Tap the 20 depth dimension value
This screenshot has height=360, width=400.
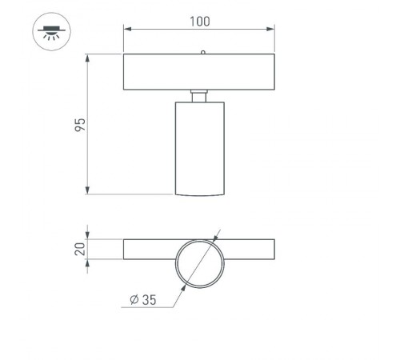click(x=79, y=249)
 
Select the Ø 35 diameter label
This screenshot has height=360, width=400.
click(x=142, y=302)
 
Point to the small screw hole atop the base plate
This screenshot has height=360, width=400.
click(x=203, y=52)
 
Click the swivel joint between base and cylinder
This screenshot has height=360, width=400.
click(x=199, y=95)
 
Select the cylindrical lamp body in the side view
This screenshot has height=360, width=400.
click(x=199, y=148)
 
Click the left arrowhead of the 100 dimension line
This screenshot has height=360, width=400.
click(x=126, y=29)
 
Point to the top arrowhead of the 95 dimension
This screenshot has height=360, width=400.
click(x=87, y=57)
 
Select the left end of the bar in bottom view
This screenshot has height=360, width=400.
click(x=126, y=249)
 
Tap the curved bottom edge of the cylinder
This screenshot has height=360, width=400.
click(x=199, y=194)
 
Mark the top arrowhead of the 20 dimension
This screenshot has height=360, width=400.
click(x=89, y=242)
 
